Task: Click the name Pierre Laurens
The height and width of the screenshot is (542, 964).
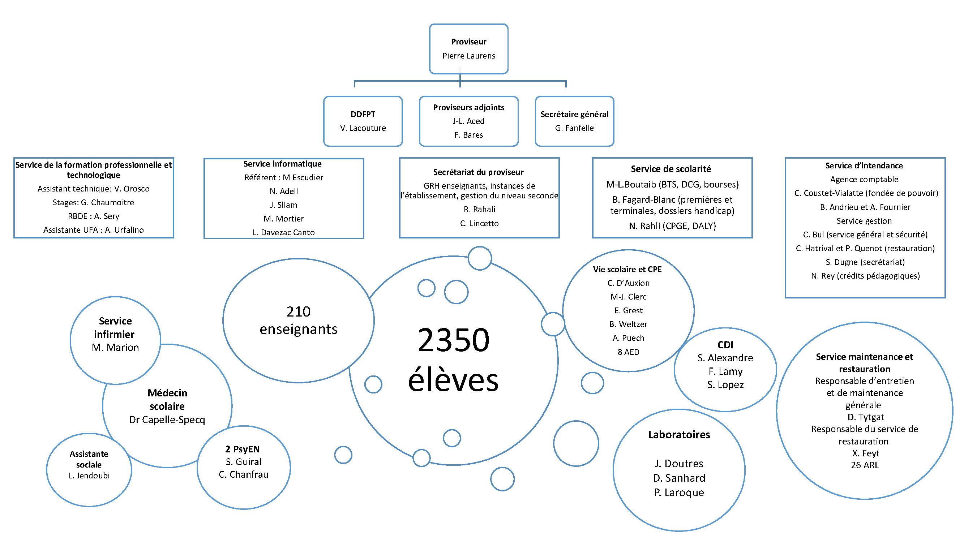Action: coord(468,56)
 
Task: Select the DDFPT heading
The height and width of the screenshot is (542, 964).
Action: coord(363,114)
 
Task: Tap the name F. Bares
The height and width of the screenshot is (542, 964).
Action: coord(468,135)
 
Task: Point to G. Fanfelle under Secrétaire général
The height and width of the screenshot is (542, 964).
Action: coord(574,128)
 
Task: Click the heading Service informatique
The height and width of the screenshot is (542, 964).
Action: coord(283,164)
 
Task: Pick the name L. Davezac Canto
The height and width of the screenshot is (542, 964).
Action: coord(284,232)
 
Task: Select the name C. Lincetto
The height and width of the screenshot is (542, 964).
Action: coord(479,223)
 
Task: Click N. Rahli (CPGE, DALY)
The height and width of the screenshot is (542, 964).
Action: coord(672,226)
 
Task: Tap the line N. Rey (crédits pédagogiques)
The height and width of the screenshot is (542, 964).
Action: coord(865,276)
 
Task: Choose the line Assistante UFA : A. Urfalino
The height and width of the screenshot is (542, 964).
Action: coord(94,230)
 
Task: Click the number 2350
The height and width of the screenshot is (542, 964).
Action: coord(453,340)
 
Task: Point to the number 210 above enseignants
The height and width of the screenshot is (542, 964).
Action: coord(298,311)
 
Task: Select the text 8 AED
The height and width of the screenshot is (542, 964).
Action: coord(628,352)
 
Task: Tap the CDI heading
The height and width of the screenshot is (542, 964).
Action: coord(725,345)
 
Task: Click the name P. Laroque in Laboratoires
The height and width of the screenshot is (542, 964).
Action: coord(679,492)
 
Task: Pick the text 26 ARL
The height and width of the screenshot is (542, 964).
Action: coord(865,465)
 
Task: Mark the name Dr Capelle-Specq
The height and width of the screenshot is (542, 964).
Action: coord(167,420)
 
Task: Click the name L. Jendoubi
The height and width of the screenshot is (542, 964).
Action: coord(89,476)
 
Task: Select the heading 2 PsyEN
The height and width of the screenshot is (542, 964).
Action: coord(242,449)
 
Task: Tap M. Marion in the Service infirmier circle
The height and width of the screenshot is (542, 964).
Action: coord(115,348)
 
